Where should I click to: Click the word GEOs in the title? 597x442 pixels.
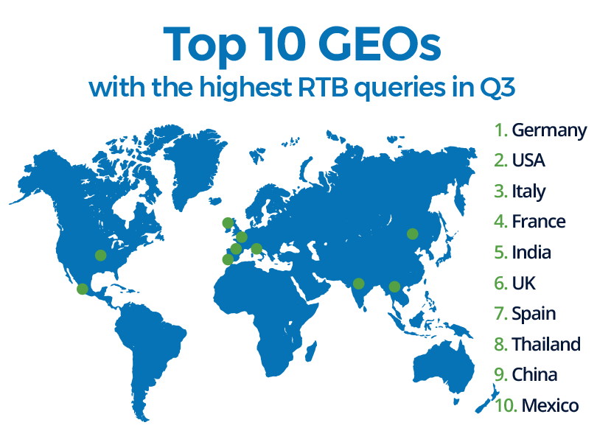pyautogui.click(x=380, y=44)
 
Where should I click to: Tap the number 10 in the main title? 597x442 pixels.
pyautogui.click(x=282, y=44)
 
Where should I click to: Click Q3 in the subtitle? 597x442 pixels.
pyautogui.click(x=497, y=88)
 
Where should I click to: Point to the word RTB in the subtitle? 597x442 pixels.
pyautogui.click(x=323, y=87)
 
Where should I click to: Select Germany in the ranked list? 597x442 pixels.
pyautogui.click(x=549, y=130)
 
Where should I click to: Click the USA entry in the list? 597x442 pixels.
pyautogui.click(x=528, y=161)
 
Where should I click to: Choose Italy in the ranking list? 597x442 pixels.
pyautogui.click(x=528, y=192)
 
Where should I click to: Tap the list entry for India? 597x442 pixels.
pyautogui.click(x=531, y=253)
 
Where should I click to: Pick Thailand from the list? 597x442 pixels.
pyautogui.click(x=546, y=344)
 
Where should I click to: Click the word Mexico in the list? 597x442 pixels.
pyautogui.click(x=550, y=405)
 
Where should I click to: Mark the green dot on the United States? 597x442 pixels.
pyautogui.click(x=100, y=255)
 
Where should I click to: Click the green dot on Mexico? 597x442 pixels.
pyautogui.click(x=83, y=289)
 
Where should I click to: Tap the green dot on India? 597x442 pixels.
pyautogui.click(x=359, y=283)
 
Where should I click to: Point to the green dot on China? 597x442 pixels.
pyautogui.click(x=412, y=234)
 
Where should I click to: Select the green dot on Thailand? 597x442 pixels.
pyautogui.click(x=394, y=287)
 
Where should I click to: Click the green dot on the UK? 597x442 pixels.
pyautogui.click(x=228, y=222)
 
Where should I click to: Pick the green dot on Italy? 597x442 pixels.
pyautogui.click(x=256, y=248)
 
